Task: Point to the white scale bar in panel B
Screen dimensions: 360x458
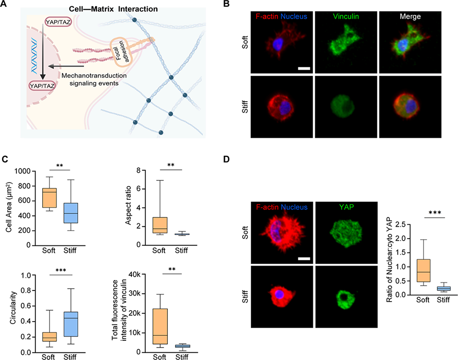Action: click(x=303, y=70)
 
